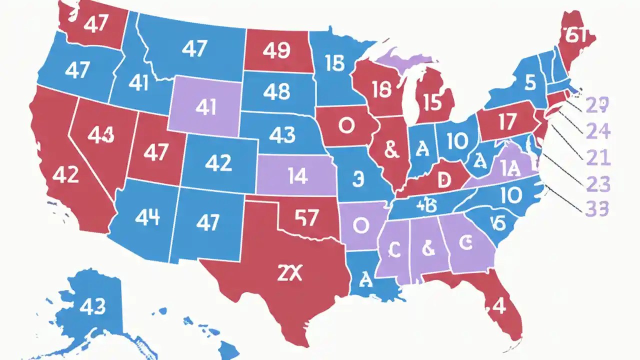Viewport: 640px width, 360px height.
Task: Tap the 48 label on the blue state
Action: click(275, 91)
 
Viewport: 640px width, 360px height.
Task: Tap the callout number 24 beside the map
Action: click(598, 131)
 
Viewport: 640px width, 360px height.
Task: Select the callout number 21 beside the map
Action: click(598, 158)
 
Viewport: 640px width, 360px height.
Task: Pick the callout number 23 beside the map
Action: click(598, 184)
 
